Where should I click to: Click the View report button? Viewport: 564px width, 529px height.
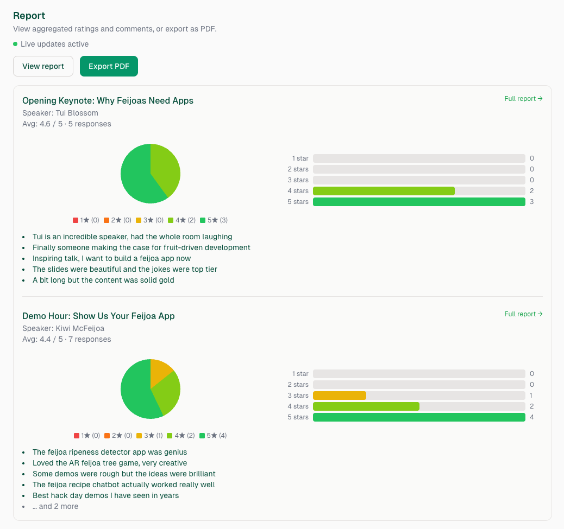(43, 66)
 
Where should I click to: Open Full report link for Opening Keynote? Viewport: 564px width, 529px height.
(523, 99)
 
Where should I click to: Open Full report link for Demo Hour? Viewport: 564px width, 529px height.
(523, 314)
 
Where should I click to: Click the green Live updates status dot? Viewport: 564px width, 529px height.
(15, 44)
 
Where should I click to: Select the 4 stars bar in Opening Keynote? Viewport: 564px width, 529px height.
(384, 191)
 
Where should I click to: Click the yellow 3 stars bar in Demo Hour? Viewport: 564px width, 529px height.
(340, 396)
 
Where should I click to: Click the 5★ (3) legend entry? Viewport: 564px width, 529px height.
(214, 220)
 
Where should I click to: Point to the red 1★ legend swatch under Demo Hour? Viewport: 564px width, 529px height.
(77, 436)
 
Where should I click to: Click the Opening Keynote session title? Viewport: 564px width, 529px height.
(108, 100)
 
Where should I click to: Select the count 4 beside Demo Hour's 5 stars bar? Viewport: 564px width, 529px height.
(532, 417)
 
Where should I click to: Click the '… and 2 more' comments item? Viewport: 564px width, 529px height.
(55, 506)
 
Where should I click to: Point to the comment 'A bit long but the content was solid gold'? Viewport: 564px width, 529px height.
(103, 280)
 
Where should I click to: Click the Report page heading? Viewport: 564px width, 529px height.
(29, 16)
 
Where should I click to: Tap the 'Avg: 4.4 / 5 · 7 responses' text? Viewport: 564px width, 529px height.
(66, 339)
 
